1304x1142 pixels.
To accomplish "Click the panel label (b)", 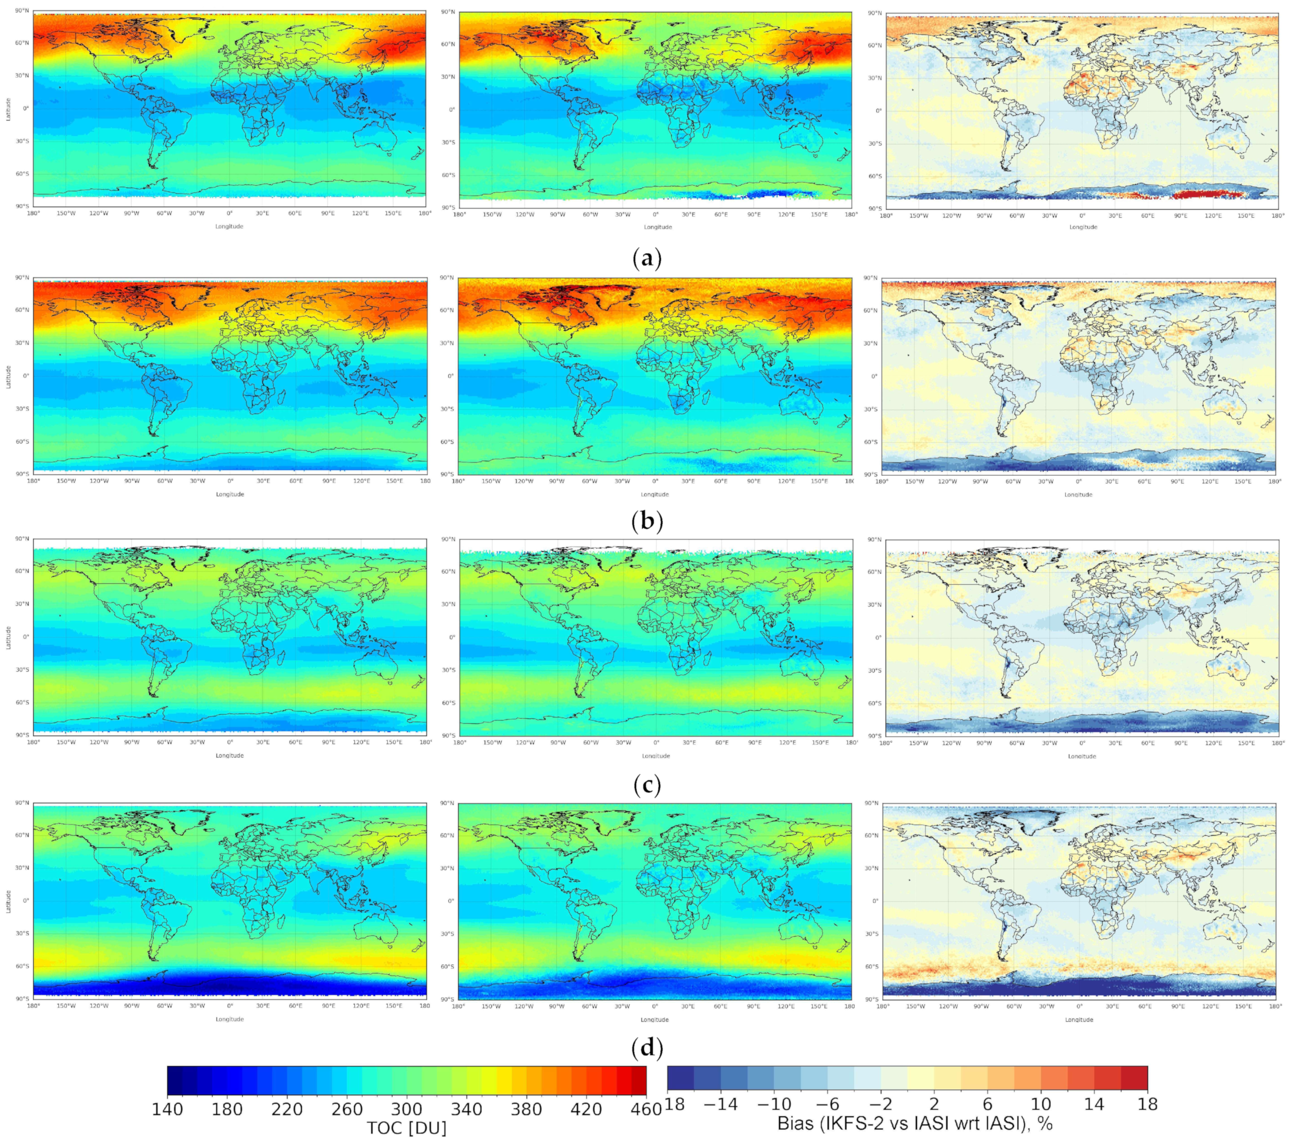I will [647, 521].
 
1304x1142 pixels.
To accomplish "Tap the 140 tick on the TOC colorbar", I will [168, 1109].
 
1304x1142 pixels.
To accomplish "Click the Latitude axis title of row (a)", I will [8, 108].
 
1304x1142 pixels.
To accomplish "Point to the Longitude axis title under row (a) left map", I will [229, 226].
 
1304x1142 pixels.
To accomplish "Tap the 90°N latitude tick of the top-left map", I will [23, 11].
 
